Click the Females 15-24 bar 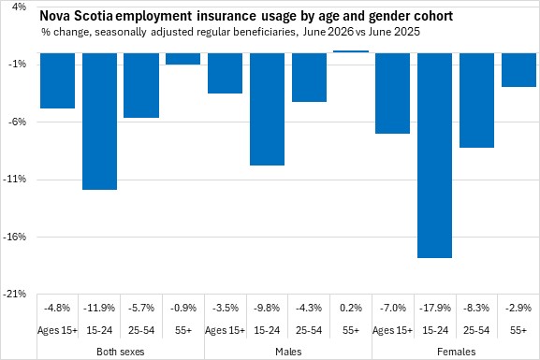(434, 155)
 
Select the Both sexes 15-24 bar (99, 122)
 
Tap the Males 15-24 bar (268, 109)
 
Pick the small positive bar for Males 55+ (351, 51)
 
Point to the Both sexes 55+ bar (183, 59)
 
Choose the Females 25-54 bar (476, 100)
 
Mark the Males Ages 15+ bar (226, 73)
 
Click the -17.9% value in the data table (435, 308)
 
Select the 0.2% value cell (351, 308)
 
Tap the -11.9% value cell (99, 308)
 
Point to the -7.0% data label (393, 308)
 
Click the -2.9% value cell (518, 308)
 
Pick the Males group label (288, 352)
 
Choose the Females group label (457, 352)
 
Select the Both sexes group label (121, 352)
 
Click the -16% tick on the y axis (14, 237)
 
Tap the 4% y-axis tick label (19, 7)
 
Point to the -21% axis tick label (14, 295)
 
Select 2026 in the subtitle (341, 32)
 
